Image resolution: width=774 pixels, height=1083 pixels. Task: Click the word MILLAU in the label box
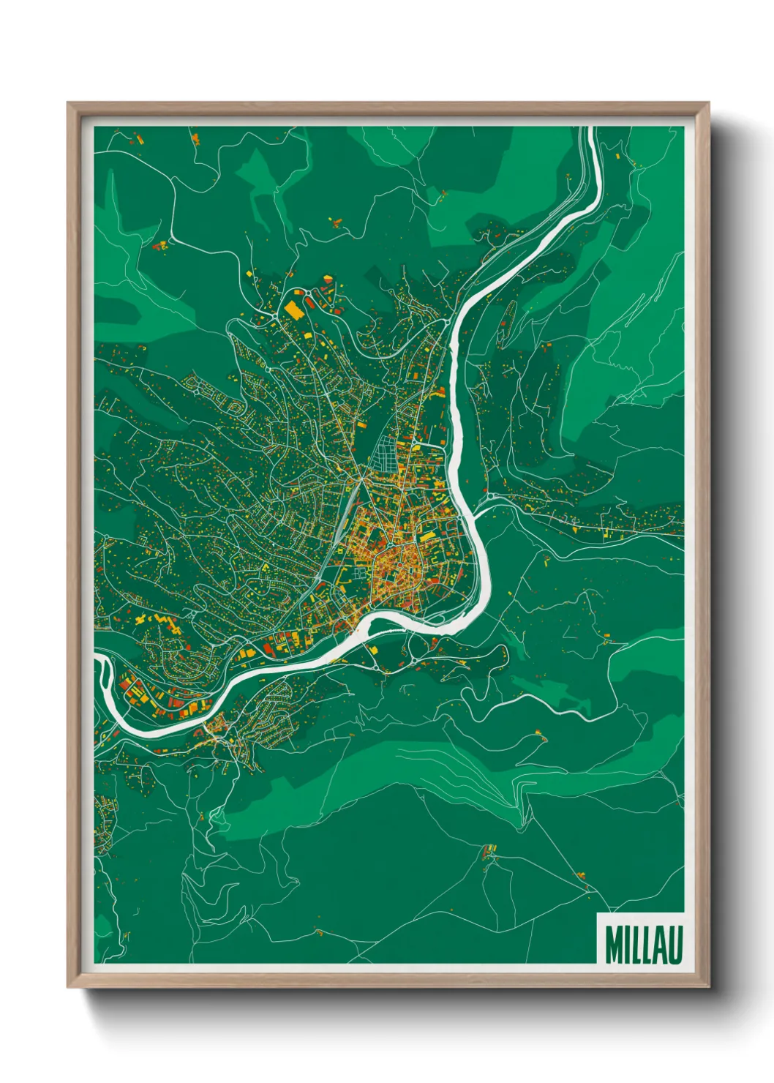(x=642, y=944)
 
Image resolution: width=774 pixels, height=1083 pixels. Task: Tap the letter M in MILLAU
(x=612, y=944)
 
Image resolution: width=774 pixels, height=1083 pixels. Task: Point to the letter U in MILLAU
(x=676, y=944)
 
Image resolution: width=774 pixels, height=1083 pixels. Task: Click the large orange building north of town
(x=294, y=310)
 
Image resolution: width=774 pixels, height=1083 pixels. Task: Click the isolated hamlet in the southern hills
(x=488, y=851)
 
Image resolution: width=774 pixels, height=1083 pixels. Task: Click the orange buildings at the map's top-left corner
(x=137, y=136)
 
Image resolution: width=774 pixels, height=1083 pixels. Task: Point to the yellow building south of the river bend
(x=374, y=648)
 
